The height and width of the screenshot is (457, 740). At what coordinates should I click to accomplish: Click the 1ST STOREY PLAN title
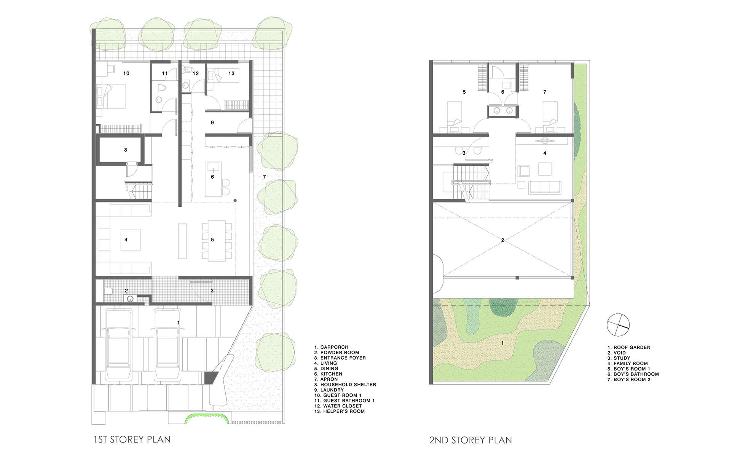pyautogui.click(x=132, y=439)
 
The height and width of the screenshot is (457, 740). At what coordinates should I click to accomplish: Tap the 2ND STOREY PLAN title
pyautogui.click(x=470, y=440)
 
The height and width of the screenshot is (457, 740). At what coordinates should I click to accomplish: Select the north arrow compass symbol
pyautogui.click(x=618, y=325)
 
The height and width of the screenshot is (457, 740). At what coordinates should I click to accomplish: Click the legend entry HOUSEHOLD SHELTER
pyautogui.click(x=345, y=385)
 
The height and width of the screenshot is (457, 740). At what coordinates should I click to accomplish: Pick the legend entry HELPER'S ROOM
pyautogui.click(x=339, y=411)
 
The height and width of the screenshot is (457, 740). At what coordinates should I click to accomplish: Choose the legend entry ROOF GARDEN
pyautogui.click(x=629, y=347)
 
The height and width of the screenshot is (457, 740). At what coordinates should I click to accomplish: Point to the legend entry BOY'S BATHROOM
pyautogui.click(x=633, y=374)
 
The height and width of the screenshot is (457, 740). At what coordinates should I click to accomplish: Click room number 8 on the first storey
pyautogui.click(x=126, y=150)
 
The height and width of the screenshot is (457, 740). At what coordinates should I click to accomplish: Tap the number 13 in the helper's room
pyautogui.click(x=231, y=74)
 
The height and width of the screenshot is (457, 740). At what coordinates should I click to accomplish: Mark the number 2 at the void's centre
pyautogui.click(x=502, y=240)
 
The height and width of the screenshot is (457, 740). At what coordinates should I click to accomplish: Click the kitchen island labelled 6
pyautogui.click(x=213, y=179)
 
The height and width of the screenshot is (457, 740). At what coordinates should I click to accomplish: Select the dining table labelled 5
pyautogui.click(x=217, y=241)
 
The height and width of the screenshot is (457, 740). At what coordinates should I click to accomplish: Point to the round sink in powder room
pyautogui.click(x=130, y=299)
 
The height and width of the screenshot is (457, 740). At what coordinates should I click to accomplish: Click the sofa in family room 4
pyautogui.click(x=544, y=187)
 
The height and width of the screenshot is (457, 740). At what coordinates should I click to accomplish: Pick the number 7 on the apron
pyautogui.click(x=265, y=177)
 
